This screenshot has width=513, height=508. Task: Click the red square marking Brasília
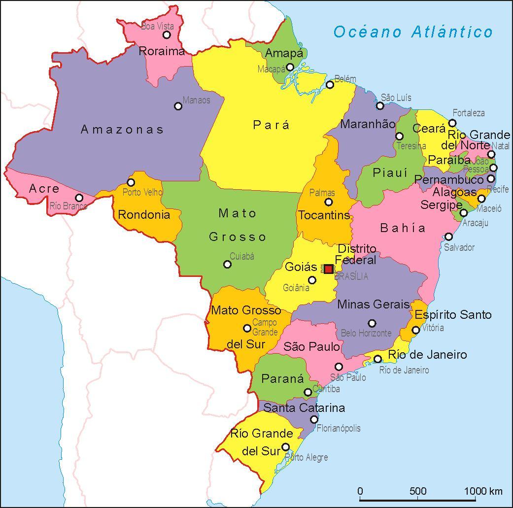[329, 269]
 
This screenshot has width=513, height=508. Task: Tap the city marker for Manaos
[178, 106]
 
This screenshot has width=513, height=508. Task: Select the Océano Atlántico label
[413, 32]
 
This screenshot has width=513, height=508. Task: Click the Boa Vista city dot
[167, 34]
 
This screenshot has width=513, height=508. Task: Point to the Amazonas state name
[122, 130]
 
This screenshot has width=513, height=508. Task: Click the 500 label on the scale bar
[418, 491]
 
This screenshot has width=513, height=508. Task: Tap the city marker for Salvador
[448, 237]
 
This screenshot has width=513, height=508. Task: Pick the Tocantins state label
[324, 215]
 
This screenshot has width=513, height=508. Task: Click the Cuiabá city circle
[227, 265]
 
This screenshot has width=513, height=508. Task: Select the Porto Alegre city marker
[285, 447]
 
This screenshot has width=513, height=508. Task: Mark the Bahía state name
[403, 228]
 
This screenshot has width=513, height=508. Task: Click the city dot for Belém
[330, 85]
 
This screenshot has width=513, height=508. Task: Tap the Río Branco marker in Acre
[79, 198]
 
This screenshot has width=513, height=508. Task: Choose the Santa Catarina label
[304, 408]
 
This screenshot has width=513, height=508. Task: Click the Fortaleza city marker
[452, 123]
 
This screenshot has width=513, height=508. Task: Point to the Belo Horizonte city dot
[372, 323]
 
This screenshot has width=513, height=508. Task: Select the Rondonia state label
[144, 215]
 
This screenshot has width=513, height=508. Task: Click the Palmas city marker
[329, 202]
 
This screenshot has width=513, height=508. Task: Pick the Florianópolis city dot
[314, 419]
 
